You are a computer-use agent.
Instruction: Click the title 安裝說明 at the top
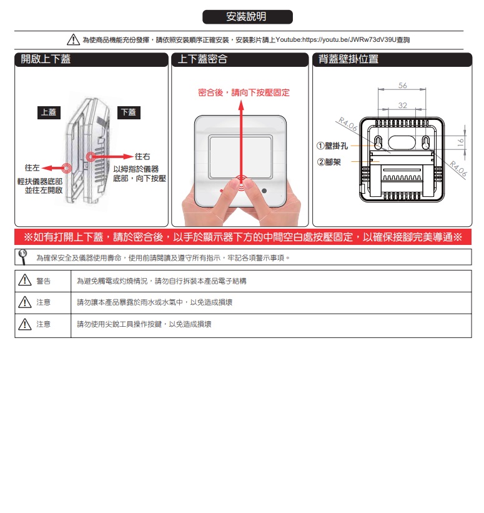pyautogui.click(x=246, y=16)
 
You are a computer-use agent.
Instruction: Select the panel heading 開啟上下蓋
pyautogui.click(x=46, y=59)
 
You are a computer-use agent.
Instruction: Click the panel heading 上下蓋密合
pyautogui.click(x=202, y=59)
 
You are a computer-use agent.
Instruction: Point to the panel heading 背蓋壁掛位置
pyautogui.click(x=348, y=59)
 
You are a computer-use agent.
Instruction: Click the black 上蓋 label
pyautogui.click(x=49, y=112)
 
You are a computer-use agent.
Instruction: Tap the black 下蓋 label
pyautogui.click(x=129, y=112)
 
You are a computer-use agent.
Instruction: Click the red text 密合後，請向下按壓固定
pyautogui.click(x=244, y=92)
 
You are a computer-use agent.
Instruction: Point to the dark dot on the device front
pyautogui.click(x=264, y=191)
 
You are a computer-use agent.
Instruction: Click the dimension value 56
pyautogui.click(x=403, y=86)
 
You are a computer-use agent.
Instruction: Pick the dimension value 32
pyautogui.click(x=403, y=106)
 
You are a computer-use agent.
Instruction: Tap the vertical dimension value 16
pyautogui.click(x=460, y=142)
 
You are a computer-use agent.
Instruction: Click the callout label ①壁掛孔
pyautogui.click(x=332, y=146)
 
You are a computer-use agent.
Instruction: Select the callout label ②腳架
pyautogui.click(x=329, y=162)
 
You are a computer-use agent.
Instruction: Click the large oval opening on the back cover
pyautogui.click(x=402, y=142)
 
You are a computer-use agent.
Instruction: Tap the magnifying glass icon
pyautogui.click(x=22, y=257)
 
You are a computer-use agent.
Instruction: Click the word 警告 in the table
pyautogui.click(x=44, y=281)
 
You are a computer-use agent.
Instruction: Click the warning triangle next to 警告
pyautogui.click(x=25, y=281)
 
